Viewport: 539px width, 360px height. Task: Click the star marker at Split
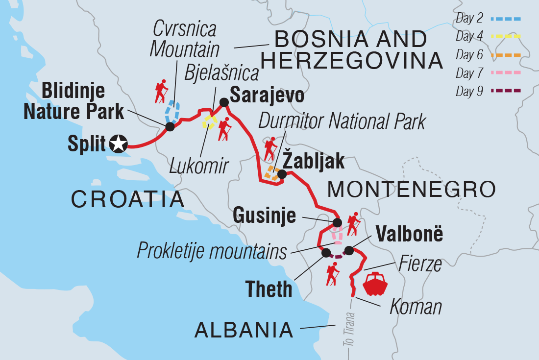119,144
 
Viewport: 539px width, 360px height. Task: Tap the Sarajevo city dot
224,102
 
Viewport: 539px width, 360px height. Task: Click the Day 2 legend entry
488,19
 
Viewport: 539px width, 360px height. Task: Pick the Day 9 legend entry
488,91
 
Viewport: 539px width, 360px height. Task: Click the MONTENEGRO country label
411,189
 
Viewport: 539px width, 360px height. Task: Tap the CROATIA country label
128,199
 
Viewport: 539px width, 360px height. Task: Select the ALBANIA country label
244,330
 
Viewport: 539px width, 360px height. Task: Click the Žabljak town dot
282,174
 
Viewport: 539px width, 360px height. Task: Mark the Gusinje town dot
337,223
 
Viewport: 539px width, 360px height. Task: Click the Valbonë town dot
349,251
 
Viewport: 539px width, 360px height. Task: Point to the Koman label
416,307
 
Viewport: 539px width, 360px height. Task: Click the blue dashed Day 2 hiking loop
172,112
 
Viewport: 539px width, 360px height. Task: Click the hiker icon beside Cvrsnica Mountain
161,91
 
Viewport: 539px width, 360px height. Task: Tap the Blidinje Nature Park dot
170,127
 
